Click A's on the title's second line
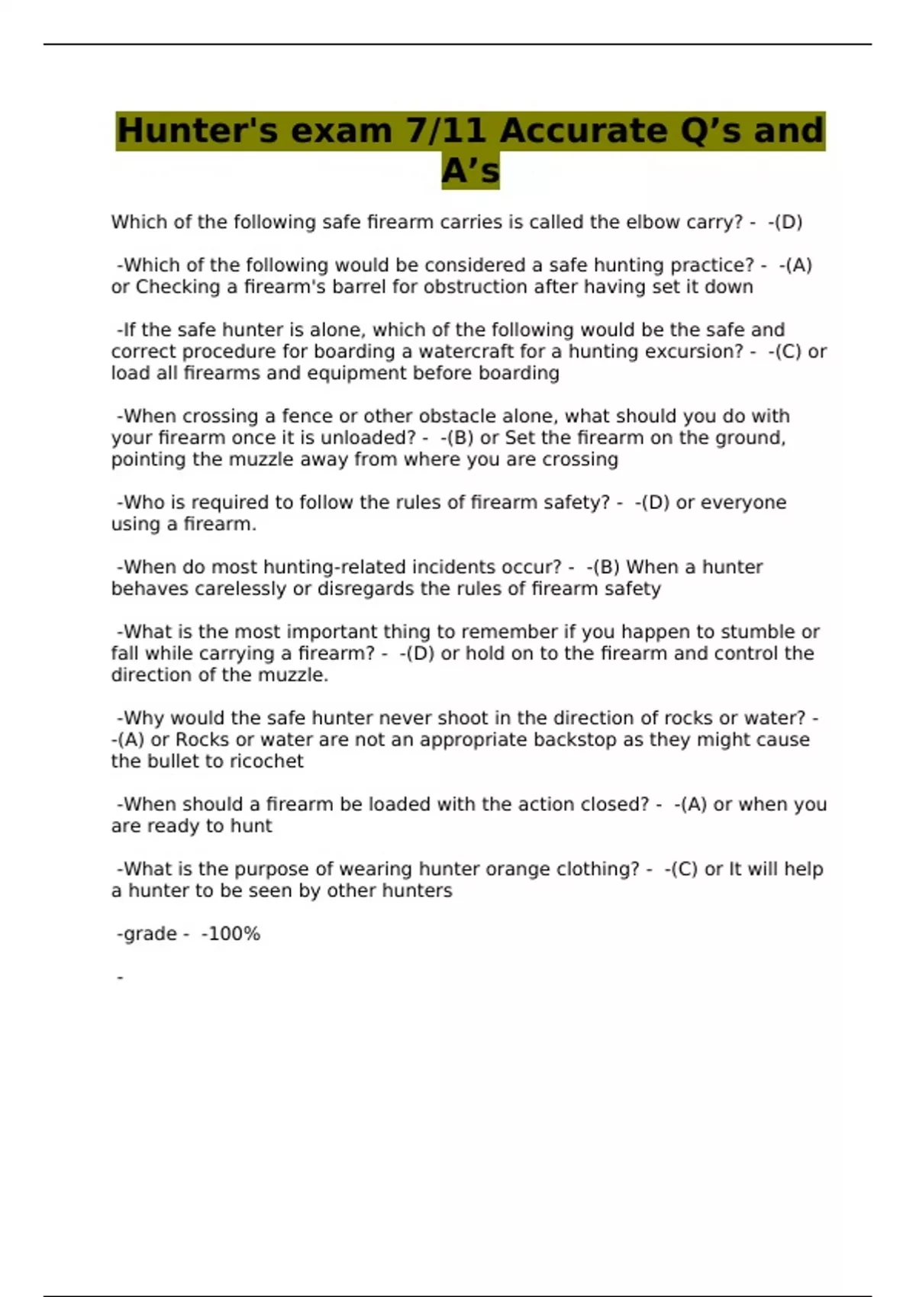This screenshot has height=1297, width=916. (470, 171)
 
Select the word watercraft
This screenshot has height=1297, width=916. (466, 352)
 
